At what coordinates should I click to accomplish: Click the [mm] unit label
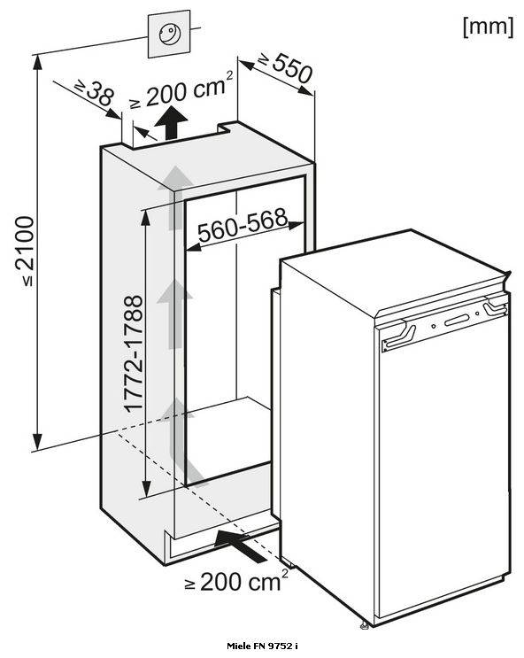(488, 27)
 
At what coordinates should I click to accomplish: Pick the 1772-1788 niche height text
(134, 353)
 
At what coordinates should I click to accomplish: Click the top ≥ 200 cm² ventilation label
(181, 90)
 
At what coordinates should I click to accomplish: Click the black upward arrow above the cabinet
(171, 122)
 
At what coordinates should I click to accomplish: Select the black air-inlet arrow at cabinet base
(241, 545)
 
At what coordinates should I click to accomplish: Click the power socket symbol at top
(169, 34)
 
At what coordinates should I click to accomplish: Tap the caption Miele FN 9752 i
(262, 646)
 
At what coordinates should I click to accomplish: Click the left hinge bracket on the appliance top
(398, 335)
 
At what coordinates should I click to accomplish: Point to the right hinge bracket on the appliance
(495, 306)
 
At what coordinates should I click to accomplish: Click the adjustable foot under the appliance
(365, 626)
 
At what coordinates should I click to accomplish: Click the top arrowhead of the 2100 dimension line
(38, 62)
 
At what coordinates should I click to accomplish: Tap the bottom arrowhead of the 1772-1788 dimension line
(145, 489)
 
